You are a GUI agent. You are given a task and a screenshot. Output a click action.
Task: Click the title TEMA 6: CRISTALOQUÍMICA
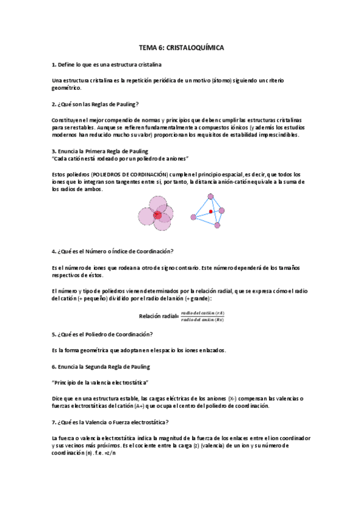click(x=181, y=47)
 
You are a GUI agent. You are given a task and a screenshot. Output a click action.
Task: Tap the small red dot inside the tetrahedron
click(x=210, y=212)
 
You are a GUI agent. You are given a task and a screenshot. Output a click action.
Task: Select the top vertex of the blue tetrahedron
click(x=210, y=196)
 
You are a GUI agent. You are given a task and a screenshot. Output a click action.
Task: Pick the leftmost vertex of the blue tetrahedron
click(x=193, y=216)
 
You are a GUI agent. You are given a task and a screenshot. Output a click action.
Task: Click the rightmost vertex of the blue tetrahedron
click(x=222, y=210)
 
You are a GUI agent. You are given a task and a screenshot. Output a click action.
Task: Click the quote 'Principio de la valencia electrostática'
click(x=101, y=382)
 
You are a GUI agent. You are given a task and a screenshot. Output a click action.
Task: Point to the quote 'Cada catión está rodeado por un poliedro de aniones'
click(x=121, y=158)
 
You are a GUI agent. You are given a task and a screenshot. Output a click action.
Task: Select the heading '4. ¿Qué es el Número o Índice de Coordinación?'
click(x=113, y=251)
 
